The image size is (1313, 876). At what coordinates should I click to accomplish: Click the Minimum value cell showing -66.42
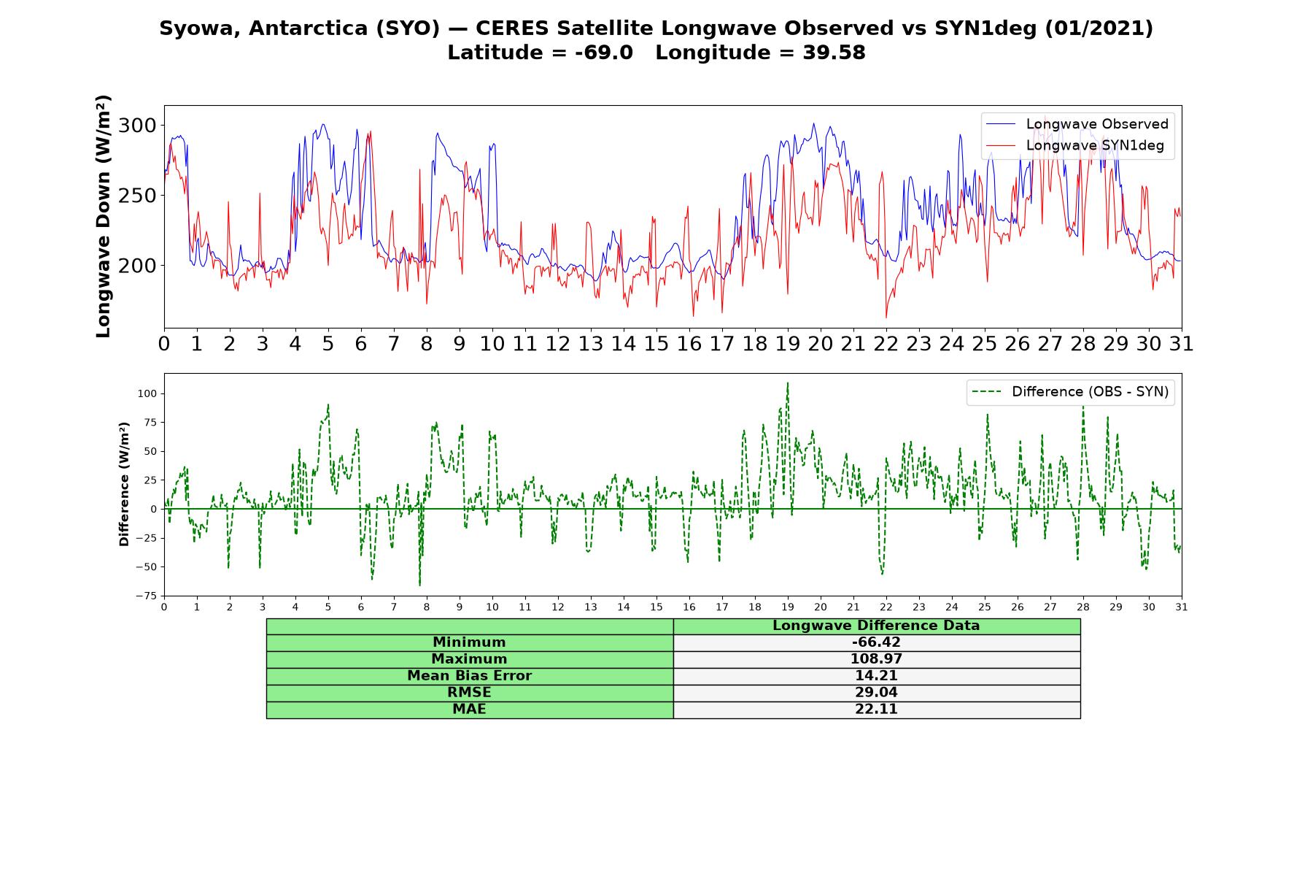click(876, 642)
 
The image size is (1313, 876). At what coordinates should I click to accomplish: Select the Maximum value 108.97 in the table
click(876, 659)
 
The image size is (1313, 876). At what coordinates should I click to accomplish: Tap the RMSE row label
click(469, 693)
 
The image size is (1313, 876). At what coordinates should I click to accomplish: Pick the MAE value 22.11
click(876, 710)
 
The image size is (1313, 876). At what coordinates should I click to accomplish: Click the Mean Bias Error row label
click(469, 676)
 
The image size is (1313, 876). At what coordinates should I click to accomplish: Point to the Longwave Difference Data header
click(876, 626)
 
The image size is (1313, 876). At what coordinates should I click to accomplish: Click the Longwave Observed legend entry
click(1077, 124)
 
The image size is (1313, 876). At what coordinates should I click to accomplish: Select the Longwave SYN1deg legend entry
click(1075, 145)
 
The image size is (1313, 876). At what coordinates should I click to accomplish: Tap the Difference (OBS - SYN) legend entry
click(1071, 392)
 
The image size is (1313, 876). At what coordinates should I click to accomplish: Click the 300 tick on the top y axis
click(137, 126)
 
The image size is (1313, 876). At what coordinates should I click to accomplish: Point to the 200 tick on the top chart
click(137, 266)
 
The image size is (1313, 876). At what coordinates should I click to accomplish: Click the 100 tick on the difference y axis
click(148, 393)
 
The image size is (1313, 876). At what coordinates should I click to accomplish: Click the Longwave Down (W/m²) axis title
click(103, 216)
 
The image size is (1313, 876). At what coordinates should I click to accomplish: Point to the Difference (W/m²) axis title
click(124, 485)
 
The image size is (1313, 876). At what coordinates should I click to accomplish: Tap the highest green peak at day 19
click(788, 383)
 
